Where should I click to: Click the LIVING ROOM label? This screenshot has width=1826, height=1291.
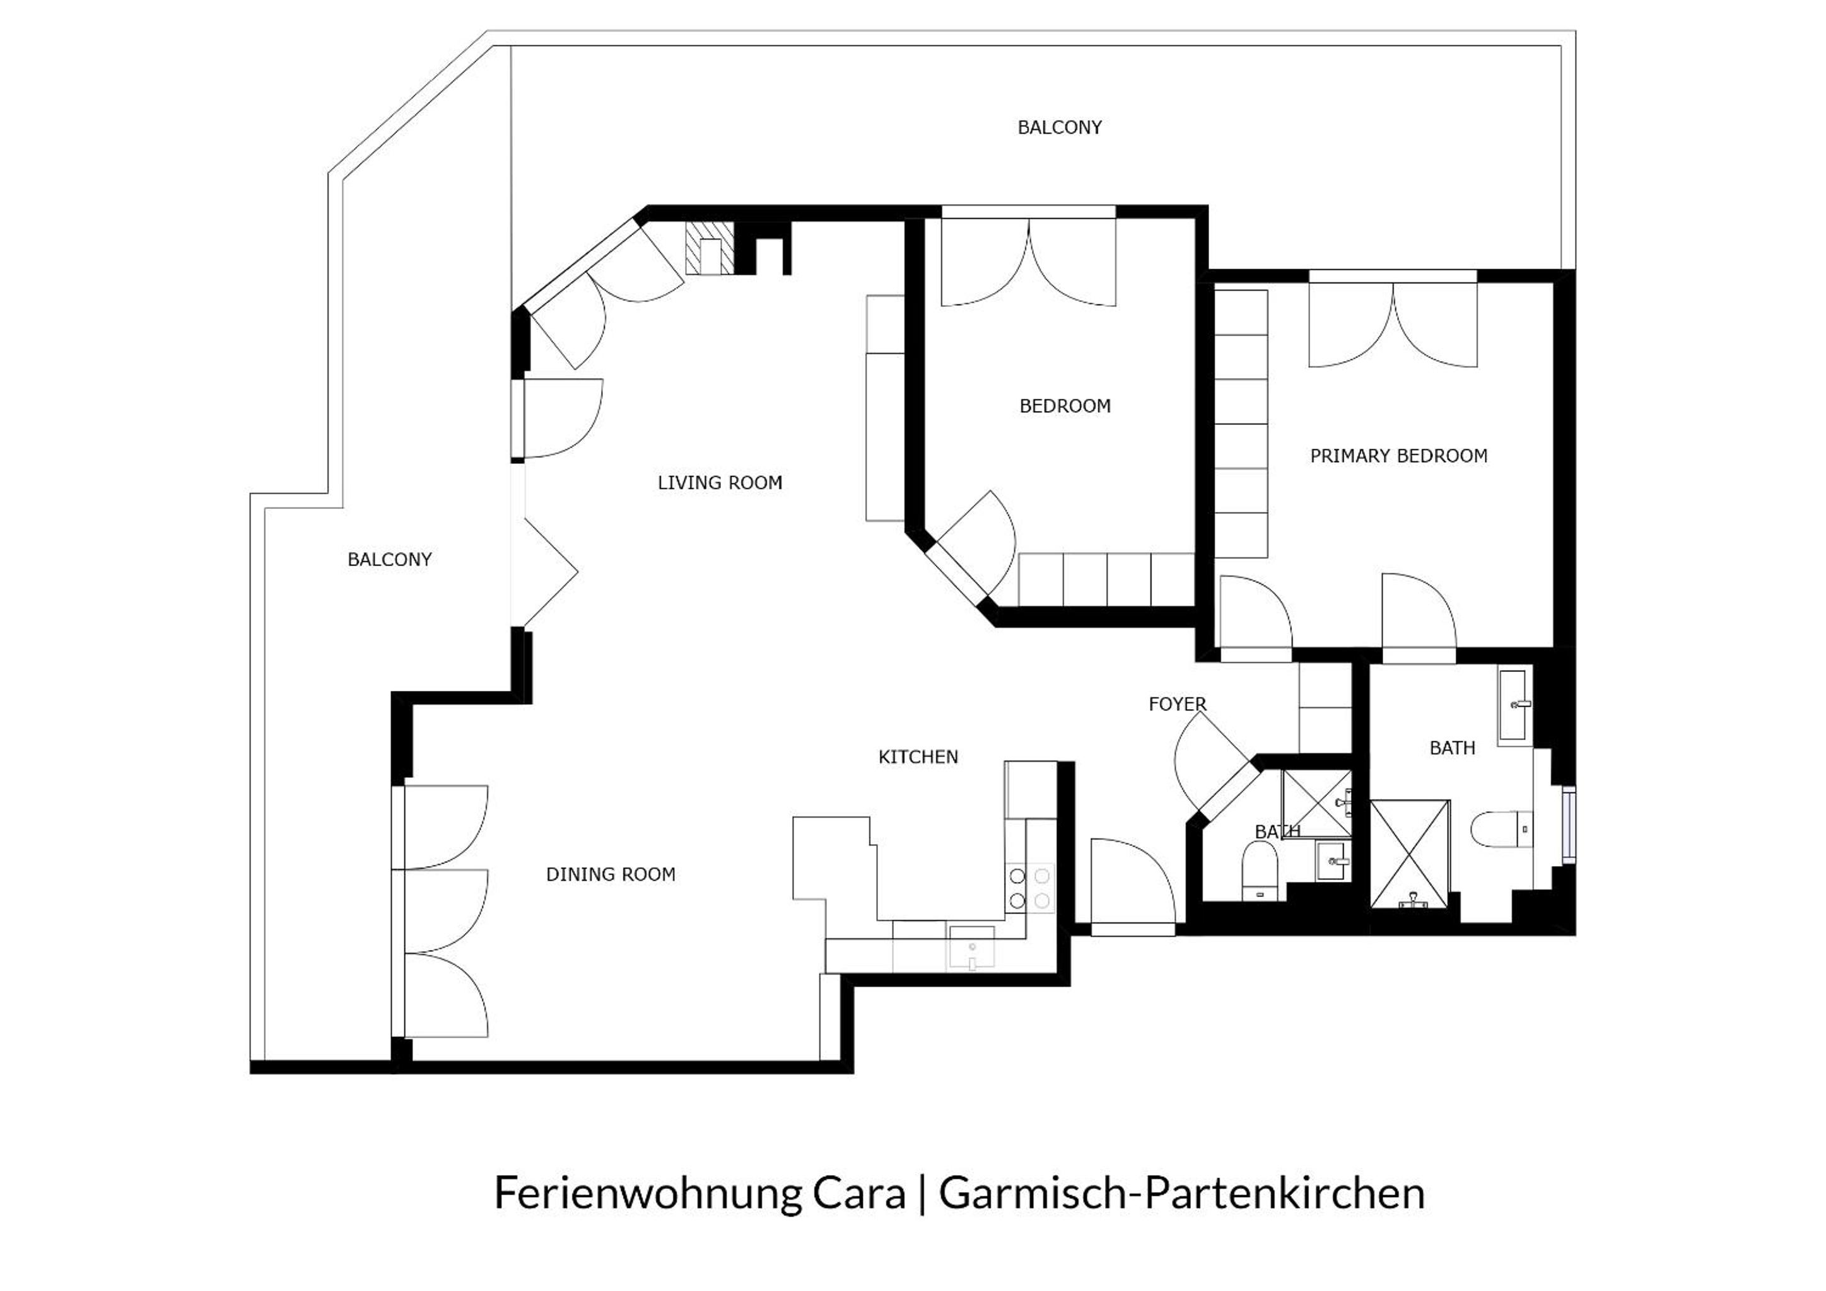point(720,482)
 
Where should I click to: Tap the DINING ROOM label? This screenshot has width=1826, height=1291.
point(610,874)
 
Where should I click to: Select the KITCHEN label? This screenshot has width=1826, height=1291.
point(918,757)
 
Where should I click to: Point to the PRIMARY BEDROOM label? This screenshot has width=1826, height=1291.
point(1398,456)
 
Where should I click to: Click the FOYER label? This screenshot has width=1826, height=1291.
point(1177,703)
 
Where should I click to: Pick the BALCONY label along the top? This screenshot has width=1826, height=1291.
point(1060,127)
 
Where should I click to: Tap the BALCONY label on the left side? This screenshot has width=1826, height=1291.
point(389,560)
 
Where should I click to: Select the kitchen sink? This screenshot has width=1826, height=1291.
point(972,947)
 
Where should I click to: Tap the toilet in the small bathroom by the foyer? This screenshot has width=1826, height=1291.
point(1260,871)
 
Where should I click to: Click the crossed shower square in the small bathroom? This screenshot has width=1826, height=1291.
point(1316,803)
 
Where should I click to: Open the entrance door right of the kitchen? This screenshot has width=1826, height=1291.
point(1133,887)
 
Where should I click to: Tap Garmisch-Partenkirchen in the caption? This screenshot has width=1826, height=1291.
point(1182,1194)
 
